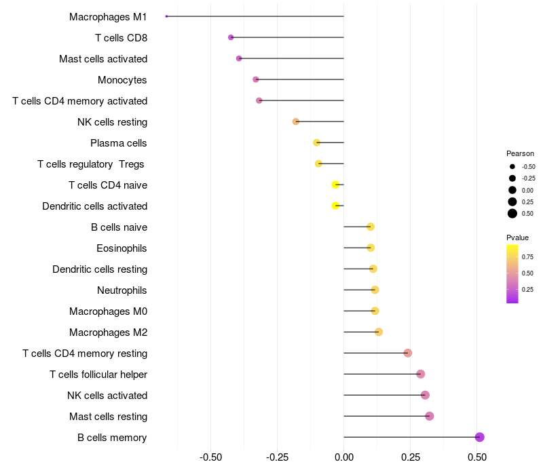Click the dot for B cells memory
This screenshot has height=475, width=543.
[x=479, y=437]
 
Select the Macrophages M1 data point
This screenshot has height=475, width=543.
[x=166, y=16]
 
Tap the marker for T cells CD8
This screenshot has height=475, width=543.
[x=231, y=37]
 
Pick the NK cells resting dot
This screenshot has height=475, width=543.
[x=296, y=121]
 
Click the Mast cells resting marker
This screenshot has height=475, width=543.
[x=429, y=416]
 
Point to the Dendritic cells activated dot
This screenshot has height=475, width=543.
[x=335, y=206]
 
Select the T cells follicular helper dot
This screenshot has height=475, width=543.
[x=420, y=374]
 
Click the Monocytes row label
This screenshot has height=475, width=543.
[x=122, y=80]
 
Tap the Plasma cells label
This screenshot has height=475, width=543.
[x=119, y=143]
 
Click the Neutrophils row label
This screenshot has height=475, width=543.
[x=122, y=290]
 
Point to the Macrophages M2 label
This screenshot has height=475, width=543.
[x=109, y=332]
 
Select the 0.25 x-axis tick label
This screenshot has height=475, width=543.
[x=410, y=458]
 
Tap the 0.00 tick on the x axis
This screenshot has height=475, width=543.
[x=344, y=458]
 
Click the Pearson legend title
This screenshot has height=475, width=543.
[x=520, y=153]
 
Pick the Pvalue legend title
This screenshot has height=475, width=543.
[x=517, y=237]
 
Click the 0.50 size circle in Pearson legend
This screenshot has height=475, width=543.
[x=512, y=214]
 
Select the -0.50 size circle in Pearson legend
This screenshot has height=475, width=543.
[x=512, y=166]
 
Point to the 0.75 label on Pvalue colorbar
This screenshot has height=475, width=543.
[x=527, y=257]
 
